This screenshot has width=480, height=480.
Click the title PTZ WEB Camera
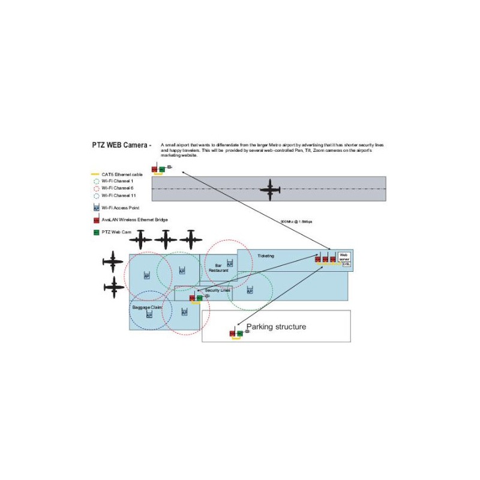tap(118, 145)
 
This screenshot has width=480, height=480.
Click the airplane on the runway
tap(270, 190)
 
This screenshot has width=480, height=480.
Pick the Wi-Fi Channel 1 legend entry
tap(118, 181)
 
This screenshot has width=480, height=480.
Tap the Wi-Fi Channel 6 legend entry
tap(118, 188)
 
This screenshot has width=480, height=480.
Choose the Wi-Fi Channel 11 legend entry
tap(118, 195)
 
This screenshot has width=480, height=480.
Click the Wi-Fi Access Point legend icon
tap(96, 208)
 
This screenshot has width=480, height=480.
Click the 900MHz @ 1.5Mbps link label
tap(297, 221)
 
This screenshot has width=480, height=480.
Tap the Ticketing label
tap(266, 256)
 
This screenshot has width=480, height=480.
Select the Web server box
tap(344, 257)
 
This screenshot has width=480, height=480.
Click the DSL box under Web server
tap(346, 263)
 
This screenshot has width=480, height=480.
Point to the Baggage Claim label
tap(147, 307)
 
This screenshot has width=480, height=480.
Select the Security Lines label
tap(217, 290)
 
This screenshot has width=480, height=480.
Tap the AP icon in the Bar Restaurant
tap(230, 263)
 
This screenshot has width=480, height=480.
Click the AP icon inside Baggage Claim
tap(149, 315)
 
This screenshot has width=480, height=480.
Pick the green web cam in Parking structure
tap(239, 333)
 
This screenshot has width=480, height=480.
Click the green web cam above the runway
tap(162, 169)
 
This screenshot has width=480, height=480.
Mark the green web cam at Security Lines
tap(199, 298)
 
